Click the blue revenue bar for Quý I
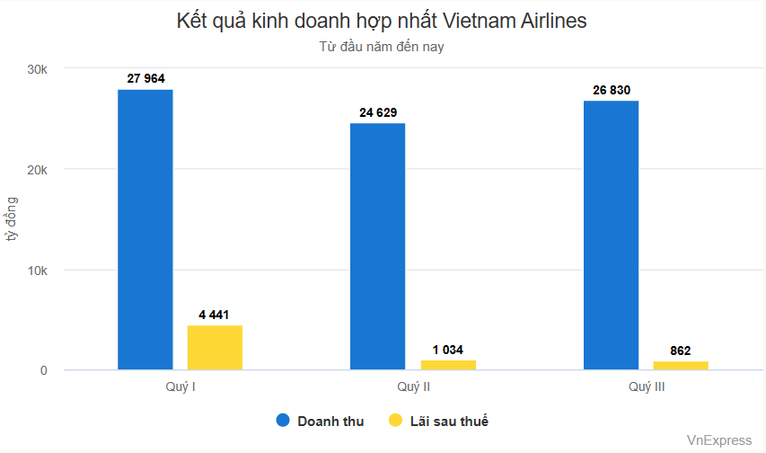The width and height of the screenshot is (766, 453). (x=145, y=229)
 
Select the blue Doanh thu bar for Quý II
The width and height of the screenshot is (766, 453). (x=377, y=246)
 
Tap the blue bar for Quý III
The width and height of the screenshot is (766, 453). (x=611, y=235)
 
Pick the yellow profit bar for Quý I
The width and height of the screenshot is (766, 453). (x=215, y=348)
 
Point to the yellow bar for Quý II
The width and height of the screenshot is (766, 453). (x=447, y=365)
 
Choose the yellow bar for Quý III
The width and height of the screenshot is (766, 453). (x=681, y=366)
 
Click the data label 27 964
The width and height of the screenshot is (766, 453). (x=145, y=79)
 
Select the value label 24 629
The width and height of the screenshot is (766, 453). (x=377, y=112)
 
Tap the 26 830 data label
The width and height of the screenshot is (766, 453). (x=611, y=91)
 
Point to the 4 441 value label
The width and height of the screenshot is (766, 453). (x=215, y=315)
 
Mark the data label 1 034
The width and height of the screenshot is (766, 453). (x=447, y=350)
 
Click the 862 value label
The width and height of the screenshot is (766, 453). (x=681, y=351)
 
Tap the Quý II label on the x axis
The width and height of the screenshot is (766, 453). (x=413, y=386)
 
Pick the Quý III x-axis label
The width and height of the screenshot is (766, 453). (x=647, y=386)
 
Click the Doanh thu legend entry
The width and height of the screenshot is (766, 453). (x=321, y=421)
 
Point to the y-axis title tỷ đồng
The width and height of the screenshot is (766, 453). (x=12, y=220)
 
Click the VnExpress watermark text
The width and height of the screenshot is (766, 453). (x=718, y=440)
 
